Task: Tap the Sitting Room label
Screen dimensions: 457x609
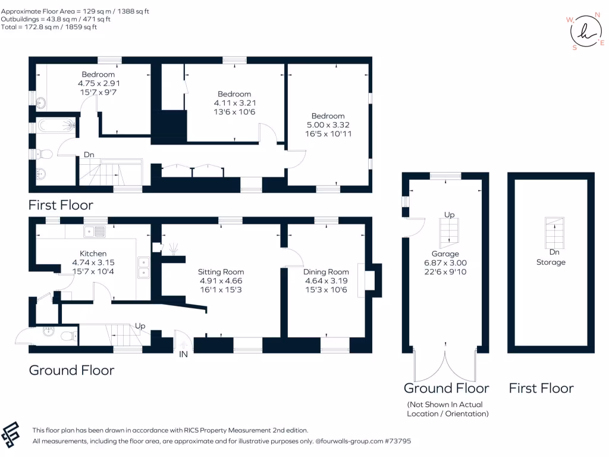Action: (221, 272)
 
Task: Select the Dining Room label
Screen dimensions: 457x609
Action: (327, 272)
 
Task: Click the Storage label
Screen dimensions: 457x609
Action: (550, 262)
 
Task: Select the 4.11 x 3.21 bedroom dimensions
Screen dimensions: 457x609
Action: (234, 103)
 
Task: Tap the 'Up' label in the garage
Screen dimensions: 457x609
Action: (449, 214)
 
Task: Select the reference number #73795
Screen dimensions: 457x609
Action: (397, 442)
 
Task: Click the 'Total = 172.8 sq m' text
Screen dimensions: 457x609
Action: (49, 27)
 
